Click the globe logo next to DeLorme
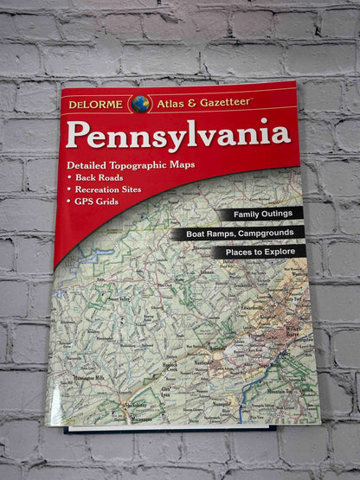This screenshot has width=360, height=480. click(x=140, y=105)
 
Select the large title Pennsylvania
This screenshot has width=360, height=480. click(x=178, y=135)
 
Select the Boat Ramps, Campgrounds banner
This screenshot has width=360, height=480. click(x=236, y=233)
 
